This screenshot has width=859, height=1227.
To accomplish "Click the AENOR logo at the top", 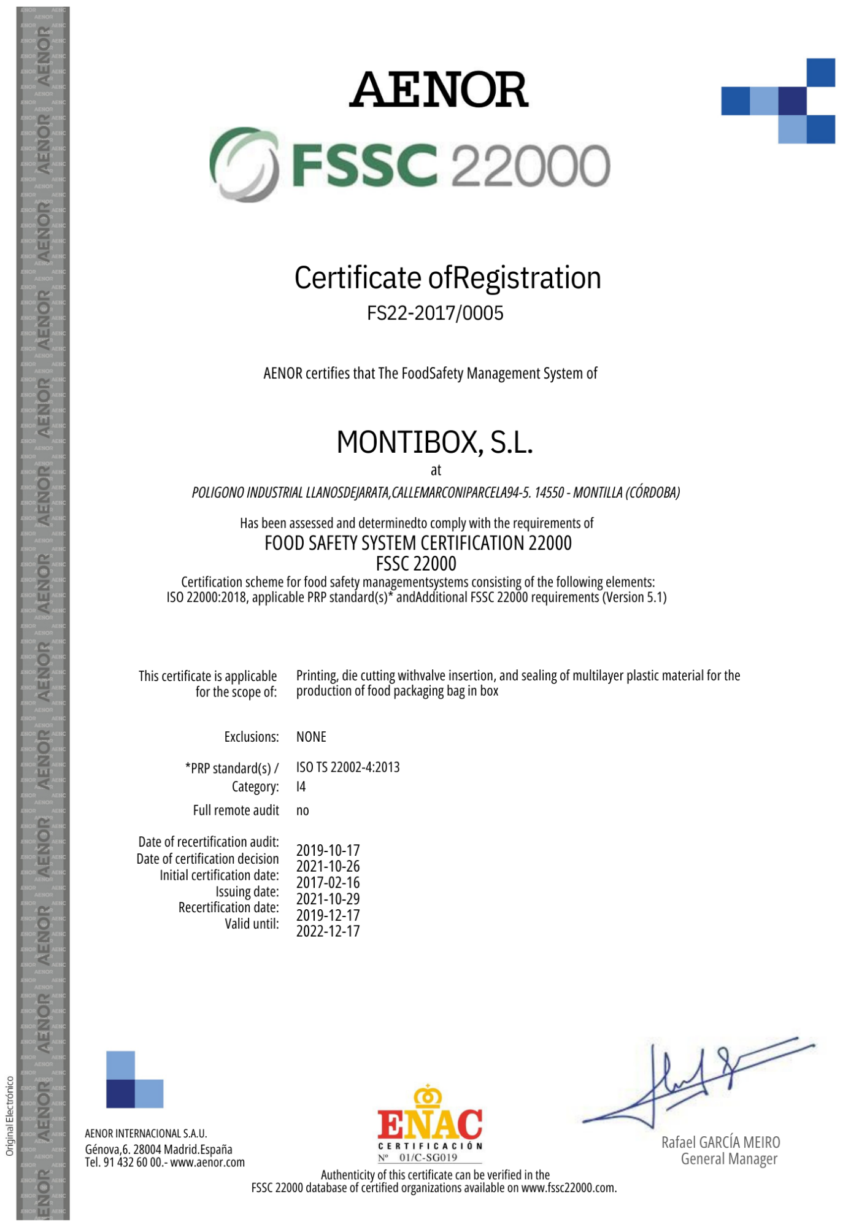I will click(439, 90).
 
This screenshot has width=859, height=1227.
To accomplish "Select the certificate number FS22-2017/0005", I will click(435, 313).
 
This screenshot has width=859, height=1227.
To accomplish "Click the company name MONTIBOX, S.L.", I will click(435, 442).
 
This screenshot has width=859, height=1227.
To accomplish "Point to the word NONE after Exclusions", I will click(311, 737).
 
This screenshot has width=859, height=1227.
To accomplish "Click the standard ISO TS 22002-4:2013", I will click(348, 767).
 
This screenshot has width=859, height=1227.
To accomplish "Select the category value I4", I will click(301, 787).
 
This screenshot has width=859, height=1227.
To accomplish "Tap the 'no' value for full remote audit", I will click(302, 810).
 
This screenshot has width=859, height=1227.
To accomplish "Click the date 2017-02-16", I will click(328, 883).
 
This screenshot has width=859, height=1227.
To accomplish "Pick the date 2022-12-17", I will click(328, 931).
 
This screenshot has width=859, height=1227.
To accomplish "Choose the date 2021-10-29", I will click(328, 899).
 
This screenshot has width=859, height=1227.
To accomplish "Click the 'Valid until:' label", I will click(252, 924).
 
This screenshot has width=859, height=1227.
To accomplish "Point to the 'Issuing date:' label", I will click(247, 891).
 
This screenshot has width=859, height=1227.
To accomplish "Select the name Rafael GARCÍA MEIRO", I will click(720, 1142).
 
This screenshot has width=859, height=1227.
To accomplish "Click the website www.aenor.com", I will click(207, 1163).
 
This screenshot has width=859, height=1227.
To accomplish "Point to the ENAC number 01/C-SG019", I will click(428, 1158).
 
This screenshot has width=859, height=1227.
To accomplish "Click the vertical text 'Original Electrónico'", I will click(10, 1116).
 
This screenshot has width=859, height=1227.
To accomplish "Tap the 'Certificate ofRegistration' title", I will click(447, 278).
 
